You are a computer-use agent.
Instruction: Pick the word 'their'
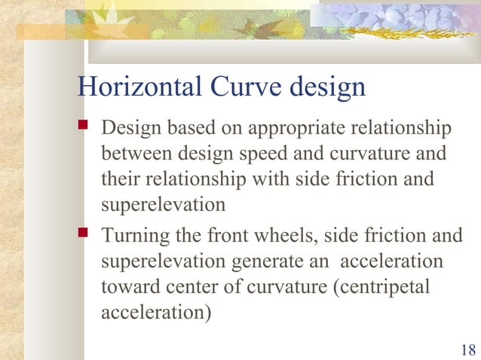[x=118, y=181]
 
